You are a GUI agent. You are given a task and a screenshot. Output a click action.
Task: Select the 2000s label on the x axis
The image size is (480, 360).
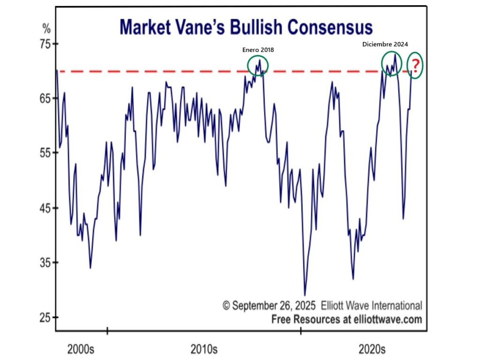click(x=81, y=349)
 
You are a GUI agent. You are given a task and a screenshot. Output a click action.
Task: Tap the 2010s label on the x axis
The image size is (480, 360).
click(x=204, y=349)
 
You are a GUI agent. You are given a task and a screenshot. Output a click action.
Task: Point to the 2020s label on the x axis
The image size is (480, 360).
click(x=372, y=349)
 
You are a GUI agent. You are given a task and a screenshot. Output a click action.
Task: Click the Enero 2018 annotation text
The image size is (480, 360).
click(x=257, y=49)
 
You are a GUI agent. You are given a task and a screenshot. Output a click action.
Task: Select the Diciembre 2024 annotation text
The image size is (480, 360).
click(x=385, y=44)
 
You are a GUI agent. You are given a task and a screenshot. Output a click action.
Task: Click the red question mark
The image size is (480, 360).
click(x=415, y=66)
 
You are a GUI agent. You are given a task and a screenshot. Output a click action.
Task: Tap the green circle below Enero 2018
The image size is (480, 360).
click(x=258, y=65)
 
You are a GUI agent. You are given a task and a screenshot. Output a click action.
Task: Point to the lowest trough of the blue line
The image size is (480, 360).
click(x=305, y=295)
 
